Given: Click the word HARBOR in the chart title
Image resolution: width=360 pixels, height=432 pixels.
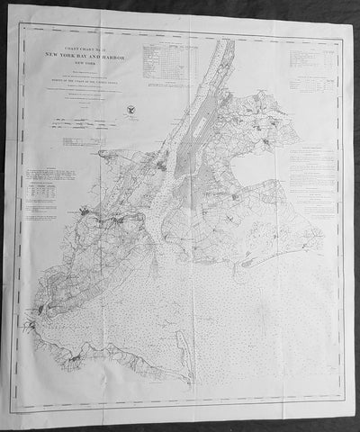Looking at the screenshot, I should point(113,57).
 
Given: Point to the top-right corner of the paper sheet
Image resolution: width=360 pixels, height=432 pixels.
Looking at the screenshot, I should point(350,12).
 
